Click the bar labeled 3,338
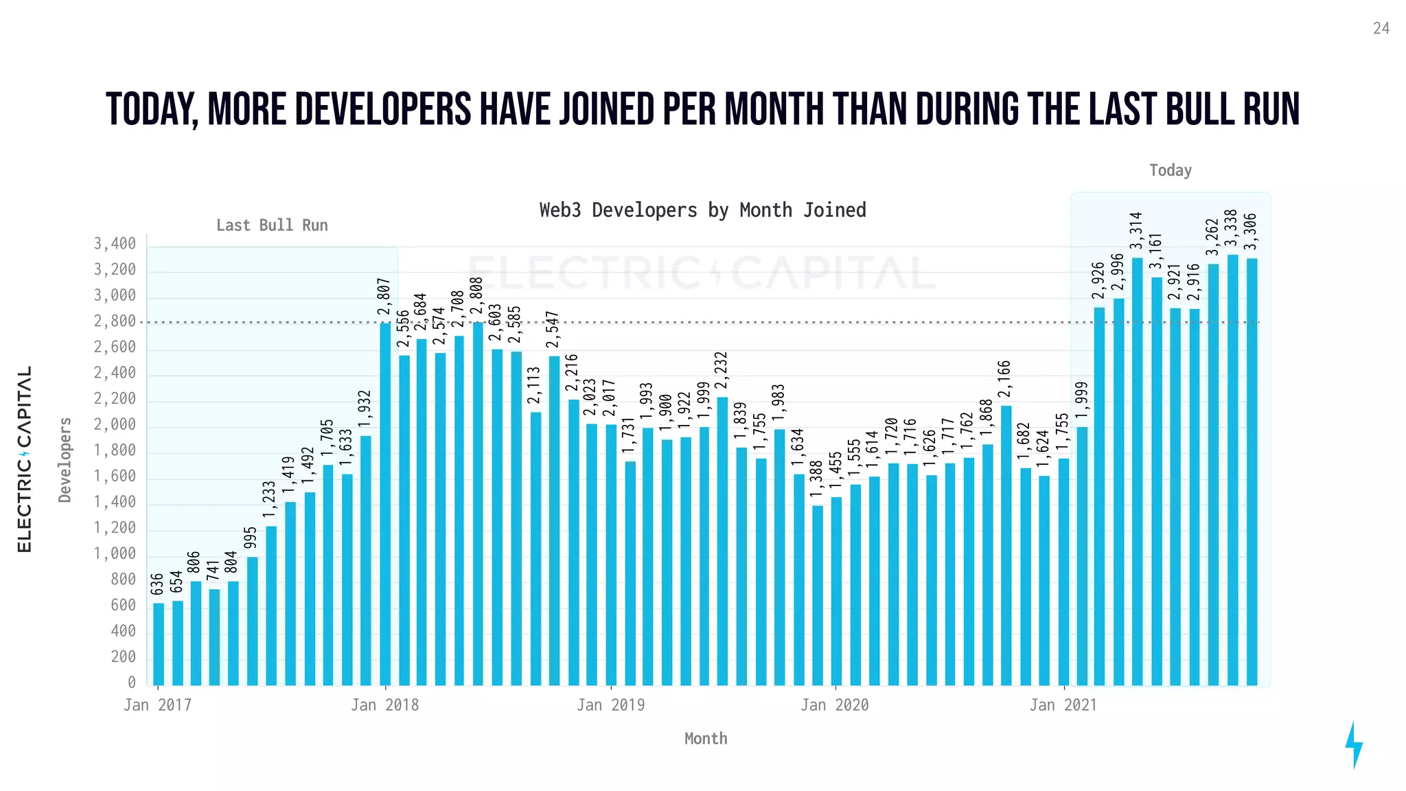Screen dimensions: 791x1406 [x=1232, y=470]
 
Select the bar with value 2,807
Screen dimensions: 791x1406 [x=385, y=505]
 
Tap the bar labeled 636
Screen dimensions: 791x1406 [x=159, y=644]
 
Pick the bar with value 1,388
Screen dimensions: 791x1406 [x=817, y=595]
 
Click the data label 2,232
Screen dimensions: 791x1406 [x=722, y=370]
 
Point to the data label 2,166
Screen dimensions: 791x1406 [x=1004, y=378]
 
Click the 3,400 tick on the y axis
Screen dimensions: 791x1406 [x=115, y=244]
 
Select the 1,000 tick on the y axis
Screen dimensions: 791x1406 [x=115, y=554]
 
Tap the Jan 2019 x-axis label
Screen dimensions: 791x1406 [x=610, y=705]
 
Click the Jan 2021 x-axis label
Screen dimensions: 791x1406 [x=1063, y=705]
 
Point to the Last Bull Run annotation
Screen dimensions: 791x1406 [x=272, y=225]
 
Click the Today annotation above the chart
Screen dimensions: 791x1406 [x=1171, y=170]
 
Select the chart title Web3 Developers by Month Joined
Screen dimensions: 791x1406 [x=702, y=210]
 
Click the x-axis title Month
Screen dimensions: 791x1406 [x=705, y=739]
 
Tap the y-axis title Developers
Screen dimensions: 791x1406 [x=65, y=459]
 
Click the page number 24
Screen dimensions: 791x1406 [x=1381, y=28]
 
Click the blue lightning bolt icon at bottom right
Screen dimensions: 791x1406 [x=1353, y=744]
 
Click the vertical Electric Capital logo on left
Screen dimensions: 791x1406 [x=24, y=459]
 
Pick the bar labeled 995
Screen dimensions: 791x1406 [x=253, y=621]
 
